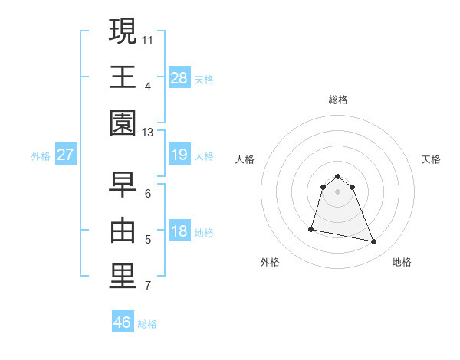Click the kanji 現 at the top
[122, 31]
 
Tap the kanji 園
[122, 123]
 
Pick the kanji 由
[122, 231]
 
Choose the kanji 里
[122, 277]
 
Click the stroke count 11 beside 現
[148, 38]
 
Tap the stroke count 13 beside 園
[148, 133]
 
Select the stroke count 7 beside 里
[148, 286]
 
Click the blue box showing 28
[179, 77]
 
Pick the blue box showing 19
[179, 155]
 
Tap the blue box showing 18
[179, 231]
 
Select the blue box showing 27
[65, 155]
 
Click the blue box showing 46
[123, 322]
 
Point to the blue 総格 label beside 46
[147, 324]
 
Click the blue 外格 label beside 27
[41, 156]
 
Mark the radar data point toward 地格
[374, 242]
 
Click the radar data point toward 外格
[311, 228]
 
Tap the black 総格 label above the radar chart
[338, 100]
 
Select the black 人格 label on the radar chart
[245, 159]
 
